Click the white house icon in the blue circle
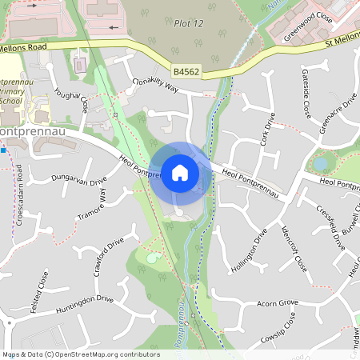coord(180,172)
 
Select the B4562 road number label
coord(186,73)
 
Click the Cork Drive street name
coord(268,130)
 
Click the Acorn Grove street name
coord(277,303)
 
